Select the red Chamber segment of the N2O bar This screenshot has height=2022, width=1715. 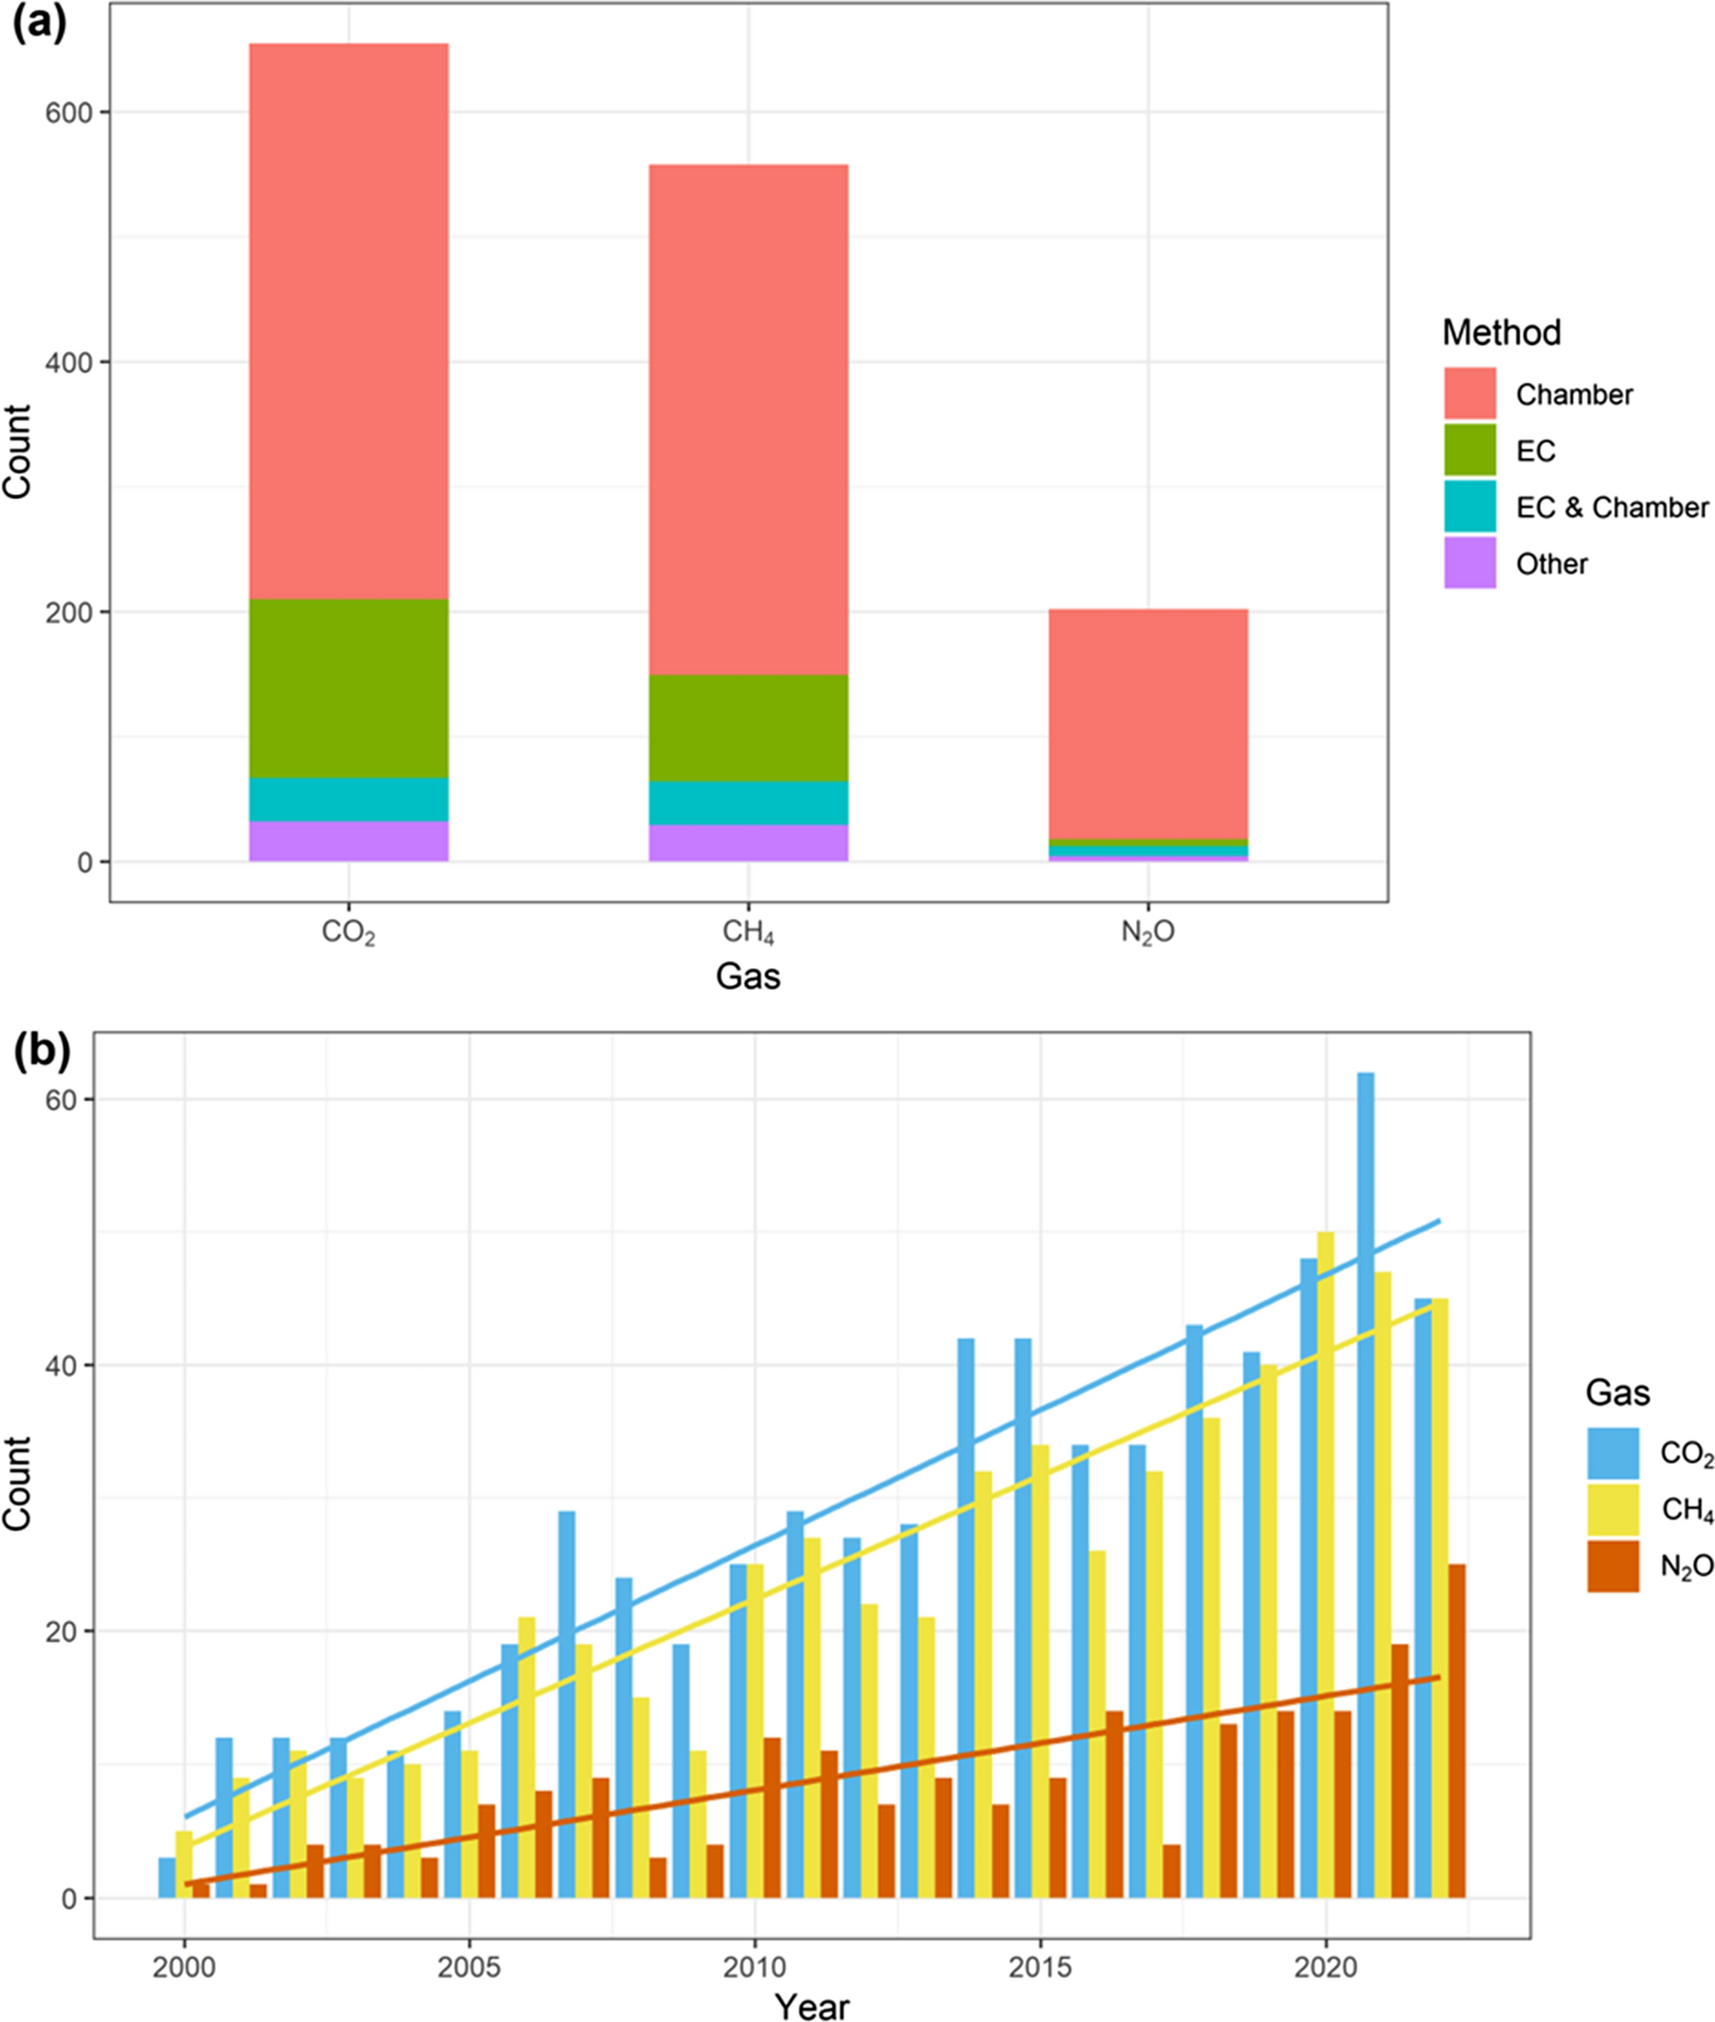pyautogui.click(x=1149, y=724)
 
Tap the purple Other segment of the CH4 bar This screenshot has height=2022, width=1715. pyautogui.click(x=749, y=843)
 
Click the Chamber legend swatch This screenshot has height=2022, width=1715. pyautogui.click(x=1469, y=394)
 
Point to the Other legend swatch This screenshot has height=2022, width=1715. pyautogui.click(x=1469, y=563)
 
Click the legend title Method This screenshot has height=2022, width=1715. pyautogui.click(x=1501, y=333)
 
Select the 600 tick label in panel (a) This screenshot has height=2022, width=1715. pyautogui.click(x=68, y=113)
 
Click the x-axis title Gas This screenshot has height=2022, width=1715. pyautogui.click(x=748, y=976)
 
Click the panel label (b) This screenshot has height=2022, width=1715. pyautogui.click(x=39, y=1054)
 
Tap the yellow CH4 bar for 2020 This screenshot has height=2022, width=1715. pyautogui.click(x=1325, y=1564)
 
